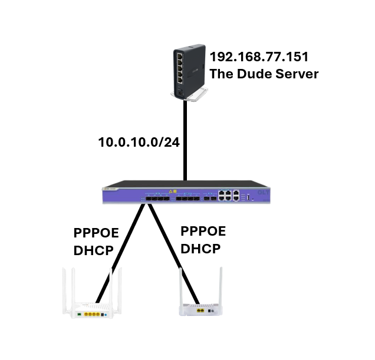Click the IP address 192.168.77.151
click(259, 57)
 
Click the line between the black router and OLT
click(185, 141)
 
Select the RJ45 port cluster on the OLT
click(228, 196)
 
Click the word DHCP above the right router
click(201, 248)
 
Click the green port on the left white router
click(79, 315)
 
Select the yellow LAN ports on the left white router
click(93, 315)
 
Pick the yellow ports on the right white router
click(202, 311)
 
